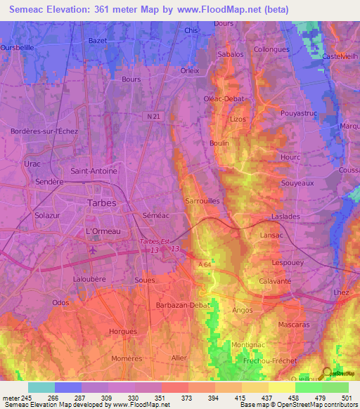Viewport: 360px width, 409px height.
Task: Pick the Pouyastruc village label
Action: tap(300, 112)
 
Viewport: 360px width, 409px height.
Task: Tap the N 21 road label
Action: tap(155, 115)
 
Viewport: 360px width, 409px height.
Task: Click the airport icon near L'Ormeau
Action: tap(94, 249)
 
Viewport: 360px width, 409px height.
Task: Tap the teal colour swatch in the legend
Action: tap(41, 387)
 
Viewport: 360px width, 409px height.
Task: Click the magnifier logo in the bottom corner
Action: tap(326, 373)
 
